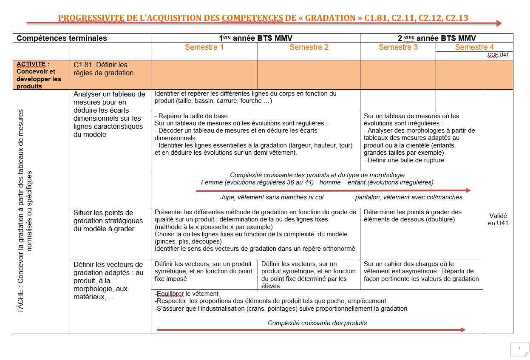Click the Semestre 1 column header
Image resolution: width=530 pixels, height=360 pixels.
204,47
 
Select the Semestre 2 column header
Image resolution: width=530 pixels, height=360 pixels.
309,47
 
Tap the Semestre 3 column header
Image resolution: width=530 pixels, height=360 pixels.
398,47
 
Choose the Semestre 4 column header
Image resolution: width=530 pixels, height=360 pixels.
474,47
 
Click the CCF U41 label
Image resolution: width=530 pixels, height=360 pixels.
498,55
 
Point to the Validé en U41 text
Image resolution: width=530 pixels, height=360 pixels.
498,219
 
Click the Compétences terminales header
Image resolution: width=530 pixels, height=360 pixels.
62,38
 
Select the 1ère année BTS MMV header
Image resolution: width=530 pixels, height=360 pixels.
255,38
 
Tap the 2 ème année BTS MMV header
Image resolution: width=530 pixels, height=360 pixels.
436,38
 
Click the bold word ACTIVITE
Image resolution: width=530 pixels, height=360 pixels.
31,64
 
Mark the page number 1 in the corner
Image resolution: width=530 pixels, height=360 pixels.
519,348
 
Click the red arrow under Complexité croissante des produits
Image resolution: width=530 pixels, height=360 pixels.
311,330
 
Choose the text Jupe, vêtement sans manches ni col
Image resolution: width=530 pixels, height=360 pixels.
272,197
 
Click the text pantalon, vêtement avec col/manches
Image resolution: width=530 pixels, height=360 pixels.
408,197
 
